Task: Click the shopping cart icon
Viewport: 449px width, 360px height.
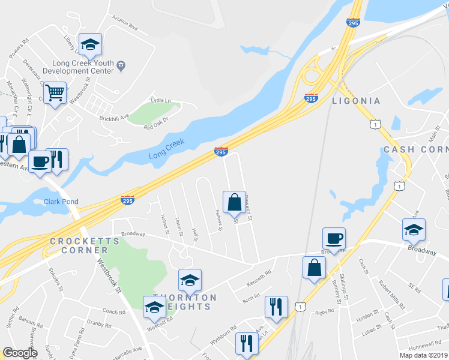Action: point(55,93)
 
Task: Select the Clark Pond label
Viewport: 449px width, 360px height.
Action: point(61,202)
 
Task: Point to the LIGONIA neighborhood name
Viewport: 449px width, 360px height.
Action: point(356,101)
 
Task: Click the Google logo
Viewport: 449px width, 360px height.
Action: point(20,353)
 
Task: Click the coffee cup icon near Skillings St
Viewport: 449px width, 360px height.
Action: point(334,238)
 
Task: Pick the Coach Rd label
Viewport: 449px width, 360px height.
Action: point(113,312)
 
